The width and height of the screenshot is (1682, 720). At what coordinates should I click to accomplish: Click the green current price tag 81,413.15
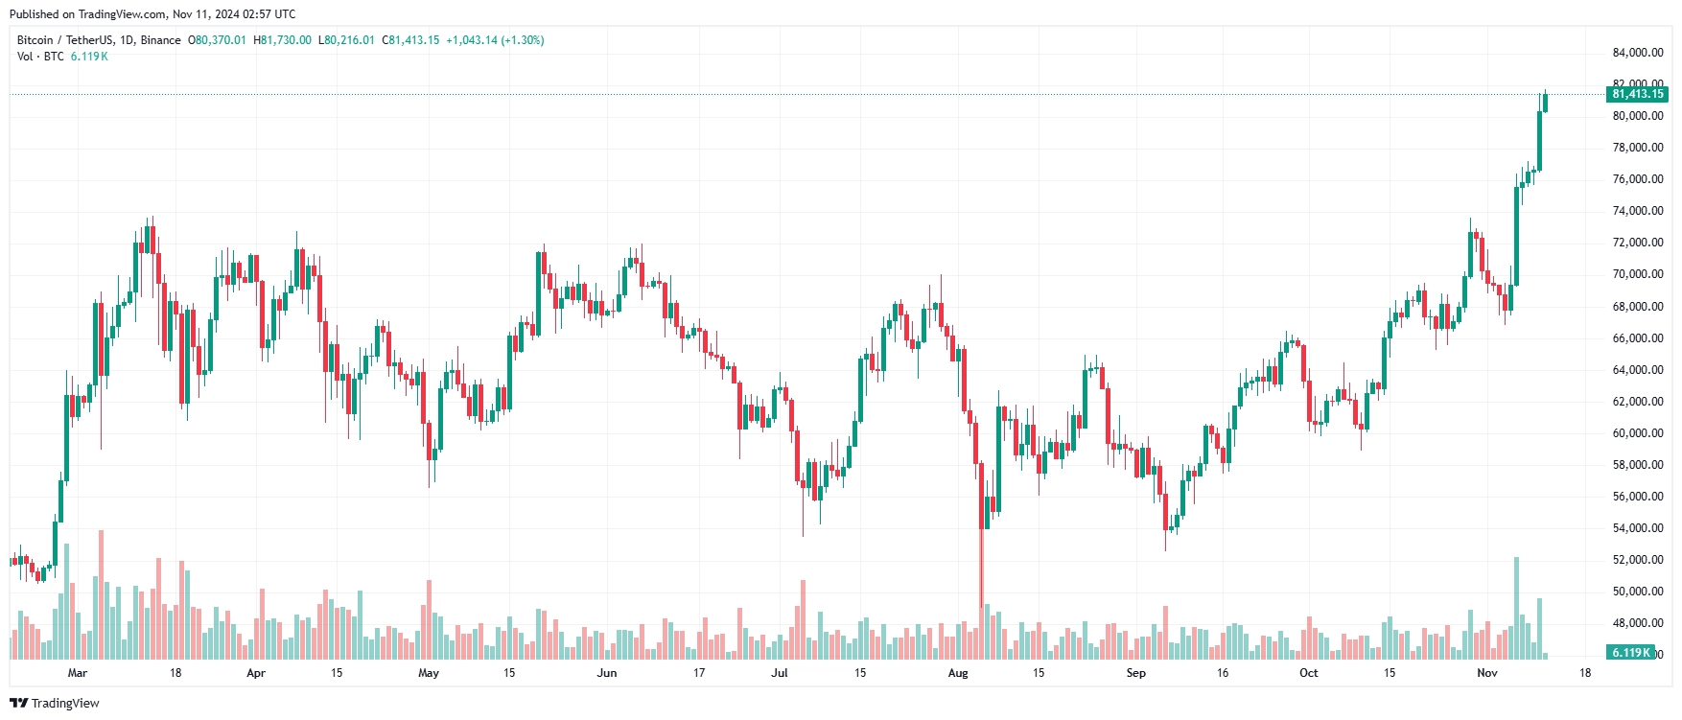[x=1637, y=94]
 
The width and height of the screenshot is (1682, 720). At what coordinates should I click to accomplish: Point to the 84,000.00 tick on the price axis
[x=1637, y=53]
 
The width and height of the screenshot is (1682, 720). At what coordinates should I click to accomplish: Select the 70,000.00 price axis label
[x=1637, y=274]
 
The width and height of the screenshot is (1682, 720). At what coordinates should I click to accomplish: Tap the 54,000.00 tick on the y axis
[x=1637, y=528]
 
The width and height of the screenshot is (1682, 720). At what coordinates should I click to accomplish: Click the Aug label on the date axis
[x=958, y=673]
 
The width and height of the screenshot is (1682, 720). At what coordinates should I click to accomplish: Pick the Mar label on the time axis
[x=78, y=673]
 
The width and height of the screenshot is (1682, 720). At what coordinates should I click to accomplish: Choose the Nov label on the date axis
[x=1486, y=673]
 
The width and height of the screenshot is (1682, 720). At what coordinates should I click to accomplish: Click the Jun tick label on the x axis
[x=606, y=673]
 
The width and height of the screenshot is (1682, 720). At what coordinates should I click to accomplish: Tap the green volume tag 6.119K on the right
[x=1630, y=652]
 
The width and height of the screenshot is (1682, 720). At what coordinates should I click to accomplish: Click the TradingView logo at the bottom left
[x=55, y=703]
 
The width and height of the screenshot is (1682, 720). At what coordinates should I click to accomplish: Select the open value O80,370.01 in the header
[x=217, y=40]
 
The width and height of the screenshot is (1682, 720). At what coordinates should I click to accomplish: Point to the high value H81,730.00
[x=282, y=40]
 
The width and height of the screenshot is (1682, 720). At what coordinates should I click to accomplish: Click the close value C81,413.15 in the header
[x=410, y=40]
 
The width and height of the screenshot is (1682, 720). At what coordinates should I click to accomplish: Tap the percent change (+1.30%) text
[x=523, y=40]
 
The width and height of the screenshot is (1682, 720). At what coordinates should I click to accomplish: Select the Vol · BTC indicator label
[x=40, y=57]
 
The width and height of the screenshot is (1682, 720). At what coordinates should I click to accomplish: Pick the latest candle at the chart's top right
[x=1545, y=103]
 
